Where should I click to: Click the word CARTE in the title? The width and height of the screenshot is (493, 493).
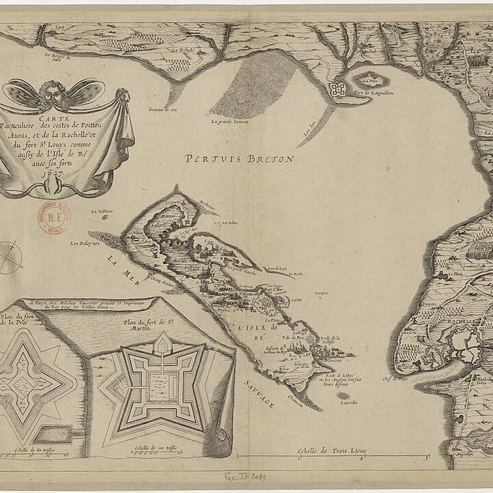tap(54, 118)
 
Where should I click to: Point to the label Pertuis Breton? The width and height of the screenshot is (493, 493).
tap(239, 159)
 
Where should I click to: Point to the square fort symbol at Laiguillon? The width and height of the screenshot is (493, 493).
tap(337, 89)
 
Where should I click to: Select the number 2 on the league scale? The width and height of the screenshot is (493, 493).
tap(361, 457)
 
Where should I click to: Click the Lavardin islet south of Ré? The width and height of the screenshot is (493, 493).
tap(343, 396)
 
